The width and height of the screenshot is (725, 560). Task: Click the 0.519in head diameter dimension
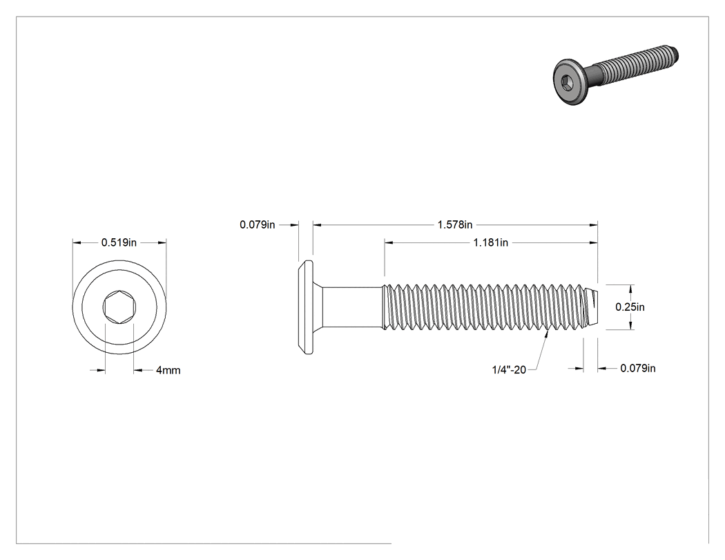(x=119, y=242)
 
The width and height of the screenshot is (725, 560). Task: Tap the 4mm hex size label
(x=168, y=370)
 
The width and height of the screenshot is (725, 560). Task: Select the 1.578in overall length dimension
(x=455, y=224)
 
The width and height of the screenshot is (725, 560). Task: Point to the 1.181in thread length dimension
(x=490, y=242)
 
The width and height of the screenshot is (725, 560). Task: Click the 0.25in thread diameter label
(x=630, y=307)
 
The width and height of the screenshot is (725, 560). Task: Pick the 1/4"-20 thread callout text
(x=509, y=369)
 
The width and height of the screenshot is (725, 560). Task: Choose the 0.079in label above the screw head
(x=257, y=224)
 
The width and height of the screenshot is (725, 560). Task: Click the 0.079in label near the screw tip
(x=638, y=368)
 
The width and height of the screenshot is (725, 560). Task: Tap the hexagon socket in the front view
(x=119, y=307)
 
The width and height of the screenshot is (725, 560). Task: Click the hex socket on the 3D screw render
(x=568, y=83)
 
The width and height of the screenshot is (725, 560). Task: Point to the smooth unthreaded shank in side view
(x=352, y=307)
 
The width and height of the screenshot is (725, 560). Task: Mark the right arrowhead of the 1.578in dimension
(x=593, y=225)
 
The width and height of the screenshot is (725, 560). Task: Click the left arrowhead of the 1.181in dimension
(x=389, y=242)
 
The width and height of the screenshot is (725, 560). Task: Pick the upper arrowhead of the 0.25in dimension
(x=631, y=289)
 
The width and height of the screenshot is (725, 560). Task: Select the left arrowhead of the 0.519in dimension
(x=77, y=242)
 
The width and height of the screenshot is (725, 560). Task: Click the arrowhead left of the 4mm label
(x=101, y=370)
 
